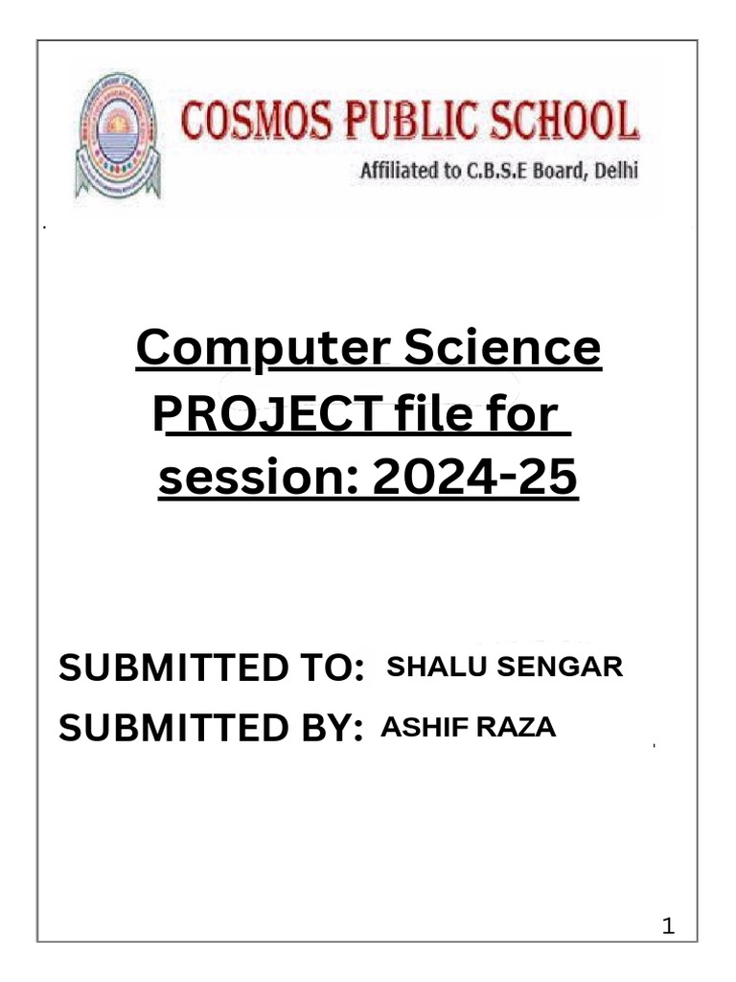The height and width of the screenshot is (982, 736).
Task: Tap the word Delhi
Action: [614, 174]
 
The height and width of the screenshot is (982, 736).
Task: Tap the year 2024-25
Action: [475, 478]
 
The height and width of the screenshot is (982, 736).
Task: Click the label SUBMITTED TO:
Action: [211, 668]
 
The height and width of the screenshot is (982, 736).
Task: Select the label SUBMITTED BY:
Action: [211, 729]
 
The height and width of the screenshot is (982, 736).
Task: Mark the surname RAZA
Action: [517, 728]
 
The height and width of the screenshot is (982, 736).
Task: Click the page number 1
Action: [669, 926]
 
